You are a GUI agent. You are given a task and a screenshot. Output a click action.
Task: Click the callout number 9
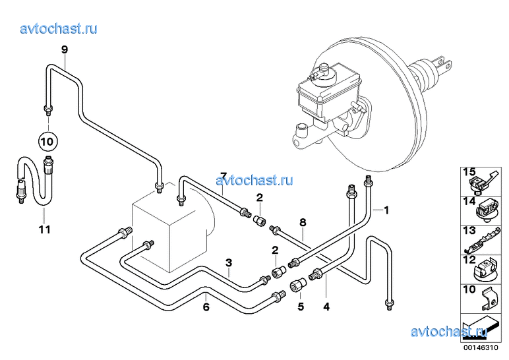[65, 49]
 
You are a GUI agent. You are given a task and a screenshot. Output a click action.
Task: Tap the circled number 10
[47, 140]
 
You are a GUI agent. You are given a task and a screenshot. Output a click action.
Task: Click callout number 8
[302, 224]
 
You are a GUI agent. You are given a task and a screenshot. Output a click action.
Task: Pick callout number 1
[386, 210]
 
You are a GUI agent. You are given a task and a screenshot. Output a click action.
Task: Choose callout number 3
[229, 264]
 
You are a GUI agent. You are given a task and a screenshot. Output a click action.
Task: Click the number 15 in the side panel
[468, 173]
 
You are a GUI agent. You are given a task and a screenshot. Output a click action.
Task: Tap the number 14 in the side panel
[468, 202]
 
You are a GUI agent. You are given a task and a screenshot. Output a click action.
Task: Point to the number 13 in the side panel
[468, 230]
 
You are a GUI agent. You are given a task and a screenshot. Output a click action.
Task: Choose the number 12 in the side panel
[468, 260]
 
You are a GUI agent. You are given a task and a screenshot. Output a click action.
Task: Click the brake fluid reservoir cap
[324, 69]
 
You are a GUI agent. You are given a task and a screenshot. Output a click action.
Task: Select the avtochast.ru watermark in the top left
[59, 28]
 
